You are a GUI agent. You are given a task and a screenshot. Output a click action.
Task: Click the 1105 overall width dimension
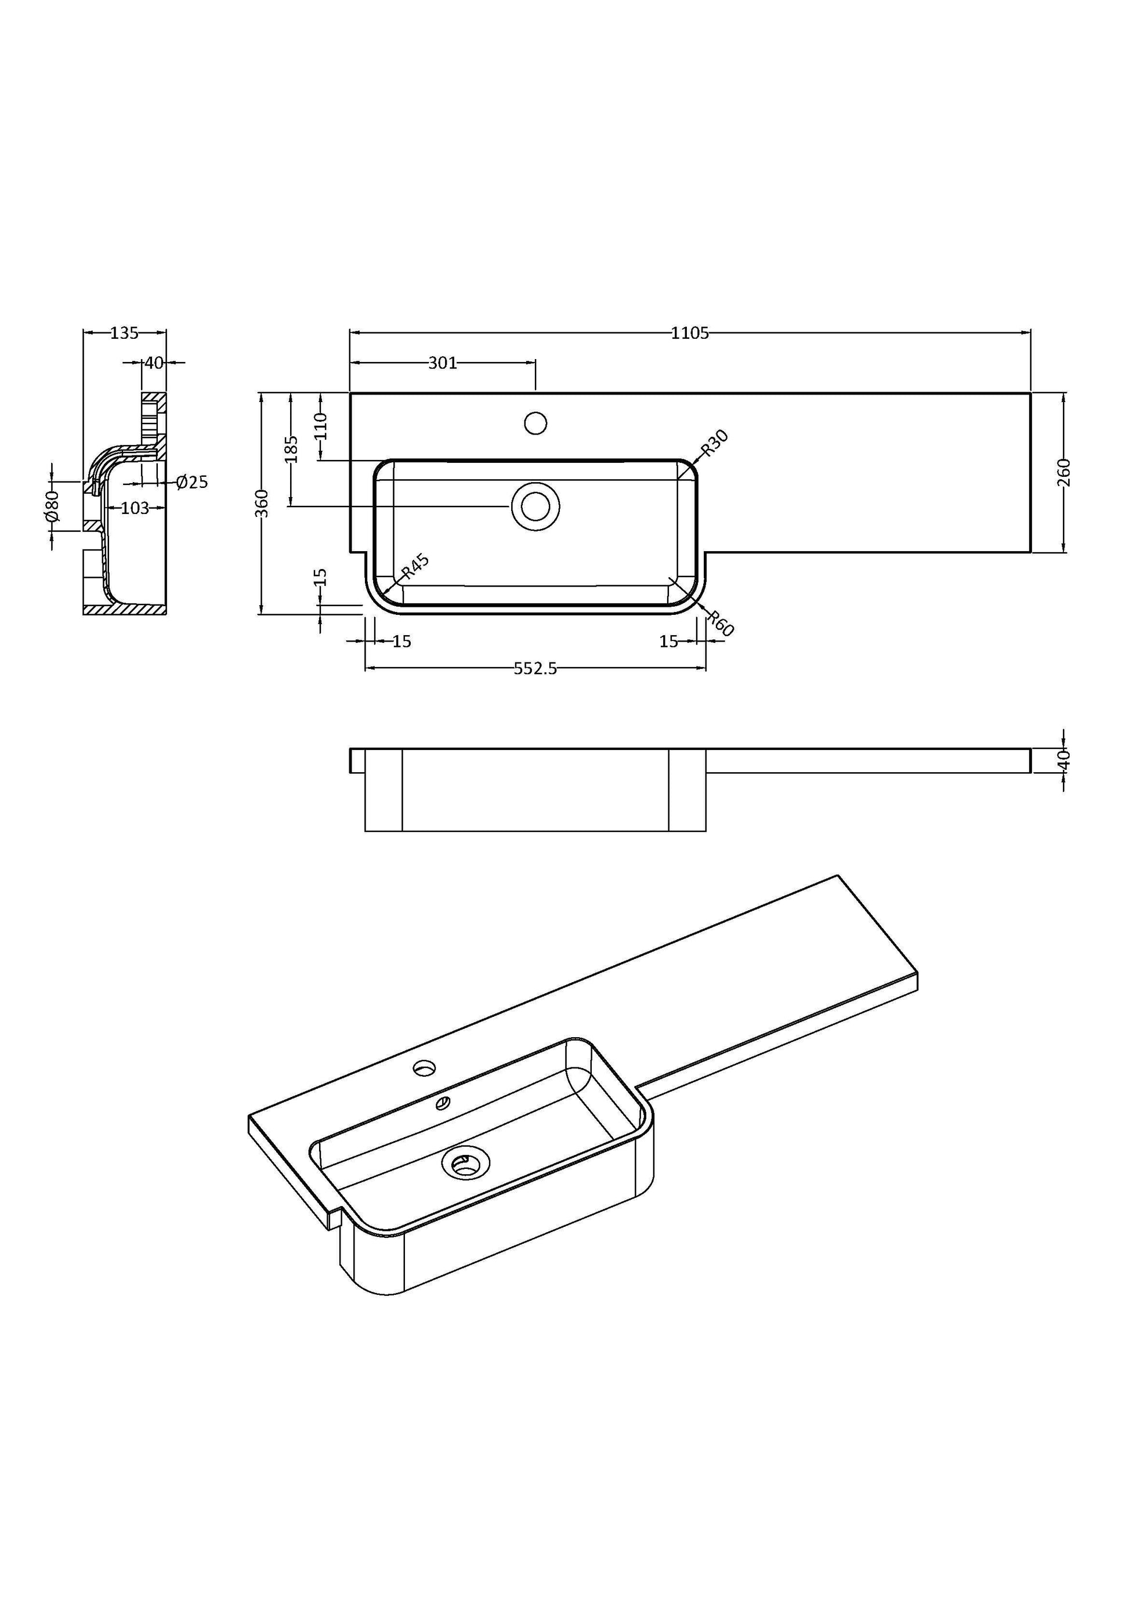pos(689,333)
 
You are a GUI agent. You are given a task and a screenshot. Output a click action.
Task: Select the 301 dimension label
pos(443,363)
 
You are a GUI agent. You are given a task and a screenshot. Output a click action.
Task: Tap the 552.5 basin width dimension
pos(535,668)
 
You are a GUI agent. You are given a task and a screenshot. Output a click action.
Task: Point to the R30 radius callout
pos(714,443)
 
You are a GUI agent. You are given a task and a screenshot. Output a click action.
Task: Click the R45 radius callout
pos(415,567)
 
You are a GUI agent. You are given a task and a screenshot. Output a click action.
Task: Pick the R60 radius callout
pos(720,623)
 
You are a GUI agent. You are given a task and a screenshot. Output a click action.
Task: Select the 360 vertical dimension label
pos(262,503)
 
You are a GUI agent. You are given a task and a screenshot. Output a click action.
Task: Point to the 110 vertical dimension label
pos(321,426)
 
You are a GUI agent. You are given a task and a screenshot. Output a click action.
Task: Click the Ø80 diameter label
pos(51,506)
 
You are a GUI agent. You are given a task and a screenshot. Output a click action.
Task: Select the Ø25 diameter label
pos(192,482)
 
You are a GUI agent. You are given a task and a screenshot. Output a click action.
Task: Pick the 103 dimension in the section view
pos(135,508)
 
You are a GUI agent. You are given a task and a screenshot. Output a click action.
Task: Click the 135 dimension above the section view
pos(125,333)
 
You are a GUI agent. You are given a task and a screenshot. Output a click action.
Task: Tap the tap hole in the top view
pos(535,423)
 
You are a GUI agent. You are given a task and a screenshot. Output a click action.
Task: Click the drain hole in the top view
pos(535,506)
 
